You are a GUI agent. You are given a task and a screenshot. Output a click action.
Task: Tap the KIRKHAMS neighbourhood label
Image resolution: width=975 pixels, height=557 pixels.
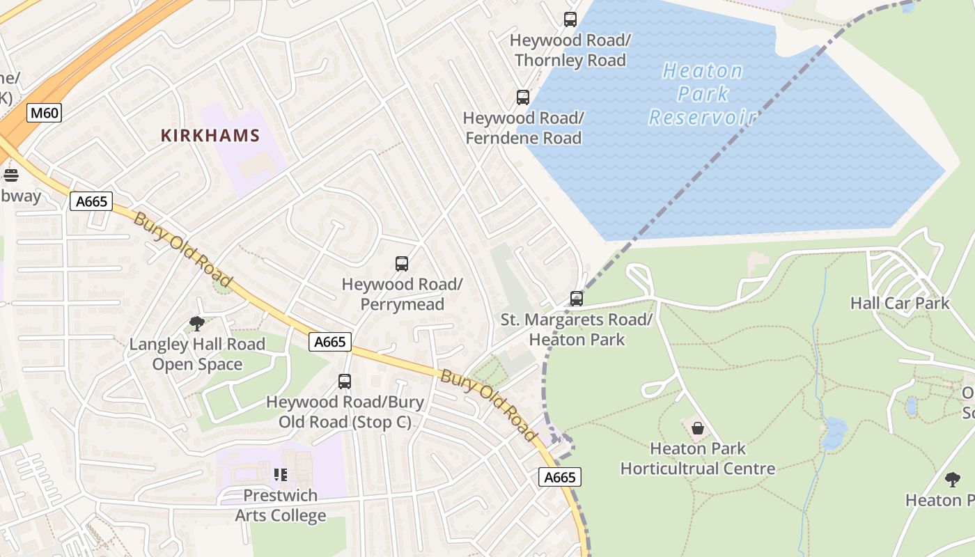click(210, 136)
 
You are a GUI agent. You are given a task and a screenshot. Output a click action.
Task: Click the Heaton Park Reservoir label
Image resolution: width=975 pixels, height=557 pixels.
click(702, 94)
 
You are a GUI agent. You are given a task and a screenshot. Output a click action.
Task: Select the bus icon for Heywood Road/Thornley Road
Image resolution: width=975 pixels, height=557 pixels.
click(570, 19)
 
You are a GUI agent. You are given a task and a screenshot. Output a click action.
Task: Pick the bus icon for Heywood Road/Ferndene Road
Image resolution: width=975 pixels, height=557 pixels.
click(523, 97)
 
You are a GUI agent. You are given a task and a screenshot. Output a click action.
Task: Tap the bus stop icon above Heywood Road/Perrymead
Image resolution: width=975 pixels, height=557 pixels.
click(402, 264)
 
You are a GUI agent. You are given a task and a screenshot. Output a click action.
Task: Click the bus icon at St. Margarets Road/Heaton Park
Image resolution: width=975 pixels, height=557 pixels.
click(577, 299)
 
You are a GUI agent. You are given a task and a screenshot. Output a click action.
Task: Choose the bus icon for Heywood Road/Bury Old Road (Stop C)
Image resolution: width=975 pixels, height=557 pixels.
click(345, 382)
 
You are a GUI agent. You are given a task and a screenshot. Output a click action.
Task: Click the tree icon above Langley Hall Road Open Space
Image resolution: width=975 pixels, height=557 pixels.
click(197, 323)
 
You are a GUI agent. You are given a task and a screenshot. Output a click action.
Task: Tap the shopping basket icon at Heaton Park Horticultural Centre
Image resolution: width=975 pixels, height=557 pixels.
click(698, 427)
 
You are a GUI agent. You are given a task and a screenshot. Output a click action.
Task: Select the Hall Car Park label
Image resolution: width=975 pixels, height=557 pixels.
click(900, 304)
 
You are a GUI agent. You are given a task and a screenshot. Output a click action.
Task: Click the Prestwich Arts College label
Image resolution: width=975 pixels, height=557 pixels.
click(280, 505)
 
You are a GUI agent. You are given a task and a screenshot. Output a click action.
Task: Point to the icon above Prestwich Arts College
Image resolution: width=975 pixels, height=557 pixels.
click(281, 475)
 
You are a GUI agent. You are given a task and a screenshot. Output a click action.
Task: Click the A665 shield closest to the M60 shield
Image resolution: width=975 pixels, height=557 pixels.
click(91, 201)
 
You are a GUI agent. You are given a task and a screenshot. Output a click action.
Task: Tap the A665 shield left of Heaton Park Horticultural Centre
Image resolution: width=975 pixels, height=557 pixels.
click(560, 477)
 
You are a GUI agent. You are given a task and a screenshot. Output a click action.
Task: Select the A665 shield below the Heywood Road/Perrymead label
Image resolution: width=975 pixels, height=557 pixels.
click(330, 342)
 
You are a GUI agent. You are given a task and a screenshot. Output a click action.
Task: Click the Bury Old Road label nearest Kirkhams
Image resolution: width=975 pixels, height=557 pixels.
click(182, 250)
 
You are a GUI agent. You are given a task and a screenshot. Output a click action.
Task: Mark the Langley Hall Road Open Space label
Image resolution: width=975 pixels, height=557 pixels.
click(197, 354)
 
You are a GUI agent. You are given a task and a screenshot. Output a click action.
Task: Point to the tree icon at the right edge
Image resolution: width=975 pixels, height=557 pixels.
click(953, 479)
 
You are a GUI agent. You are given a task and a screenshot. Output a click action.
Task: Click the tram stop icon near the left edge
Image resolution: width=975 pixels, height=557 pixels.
click(10, 175)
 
